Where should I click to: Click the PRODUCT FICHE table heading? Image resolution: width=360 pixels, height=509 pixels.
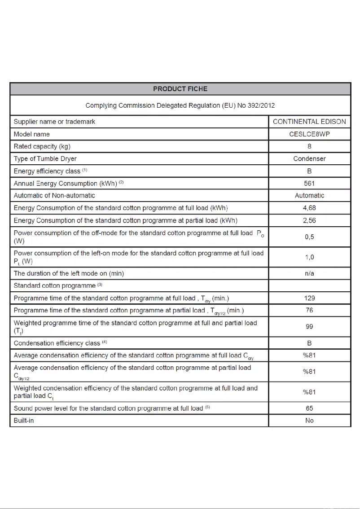pos(180,89)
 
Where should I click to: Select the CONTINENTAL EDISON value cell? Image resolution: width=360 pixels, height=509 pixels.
pos(309,122)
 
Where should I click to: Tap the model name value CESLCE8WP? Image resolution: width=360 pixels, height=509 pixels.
pos(309,134)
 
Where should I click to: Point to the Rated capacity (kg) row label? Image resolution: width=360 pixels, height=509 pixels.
pos(42,146)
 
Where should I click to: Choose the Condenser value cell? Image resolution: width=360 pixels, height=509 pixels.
pos(309,158)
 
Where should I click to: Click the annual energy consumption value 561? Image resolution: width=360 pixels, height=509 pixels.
pos(309,183)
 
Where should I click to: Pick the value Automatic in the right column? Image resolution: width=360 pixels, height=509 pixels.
pos(309,195)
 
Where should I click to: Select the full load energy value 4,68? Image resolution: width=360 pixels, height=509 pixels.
pos(309,208)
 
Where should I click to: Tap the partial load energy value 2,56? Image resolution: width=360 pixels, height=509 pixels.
pos(309,220)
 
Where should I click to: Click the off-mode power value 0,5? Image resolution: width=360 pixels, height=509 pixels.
pos(309,237)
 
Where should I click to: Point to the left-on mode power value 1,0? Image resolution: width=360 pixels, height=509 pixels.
pos(309,257)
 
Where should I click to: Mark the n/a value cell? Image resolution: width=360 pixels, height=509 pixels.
pos(309,273)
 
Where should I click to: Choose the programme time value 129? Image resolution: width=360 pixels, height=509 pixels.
pos(309,298)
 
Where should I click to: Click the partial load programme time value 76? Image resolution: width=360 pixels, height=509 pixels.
pos(309,310)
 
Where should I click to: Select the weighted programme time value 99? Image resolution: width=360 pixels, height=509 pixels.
pos(309,327)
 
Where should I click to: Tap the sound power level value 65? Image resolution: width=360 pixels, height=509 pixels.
pos(309,408)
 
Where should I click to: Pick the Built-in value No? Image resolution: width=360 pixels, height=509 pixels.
pos(309,421)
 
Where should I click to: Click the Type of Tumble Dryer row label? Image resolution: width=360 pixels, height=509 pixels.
pos(45,158)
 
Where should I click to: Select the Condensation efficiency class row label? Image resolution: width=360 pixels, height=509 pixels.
pos(57,343)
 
